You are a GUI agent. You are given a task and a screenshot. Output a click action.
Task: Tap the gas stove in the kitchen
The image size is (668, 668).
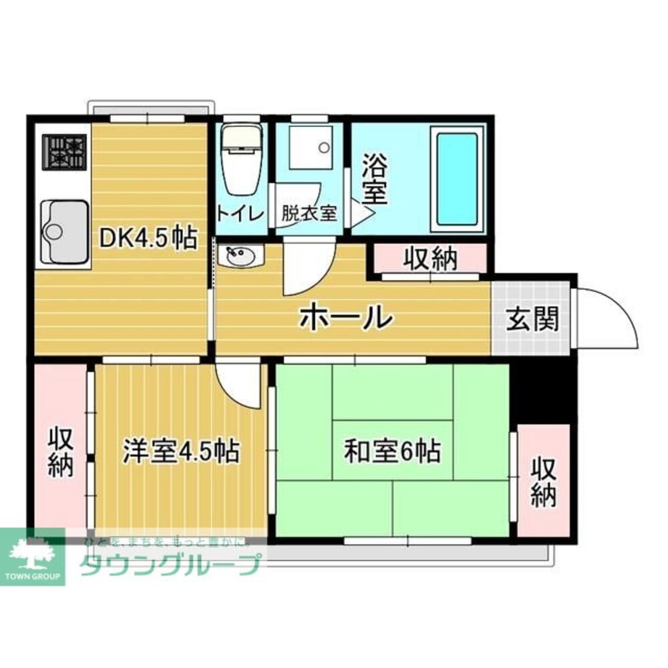[65, 152]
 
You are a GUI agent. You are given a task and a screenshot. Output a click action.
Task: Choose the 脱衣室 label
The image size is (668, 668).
[308, 214]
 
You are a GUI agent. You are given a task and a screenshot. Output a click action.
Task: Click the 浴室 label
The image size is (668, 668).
[375, 180]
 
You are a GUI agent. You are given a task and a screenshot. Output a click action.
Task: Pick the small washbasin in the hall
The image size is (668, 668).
[240, 256]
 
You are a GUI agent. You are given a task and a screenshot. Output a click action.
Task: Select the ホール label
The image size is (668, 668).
[345, 316]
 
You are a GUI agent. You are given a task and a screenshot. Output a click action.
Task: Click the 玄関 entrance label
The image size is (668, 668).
[531, 319]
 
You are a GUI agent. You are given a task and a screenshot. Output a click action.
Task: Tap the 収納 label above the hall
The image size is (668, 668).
[430, 259]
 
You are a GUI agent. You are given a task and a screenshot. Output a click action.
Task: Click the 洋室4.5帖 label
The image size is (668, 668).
[180, 452]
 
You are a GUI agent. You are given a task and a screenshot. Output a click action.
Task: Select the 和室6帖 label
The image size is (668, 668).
[391, 452]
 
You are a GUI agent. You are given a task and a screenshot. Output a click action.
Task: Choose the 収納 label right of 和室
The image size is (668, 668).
[544, 482]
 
